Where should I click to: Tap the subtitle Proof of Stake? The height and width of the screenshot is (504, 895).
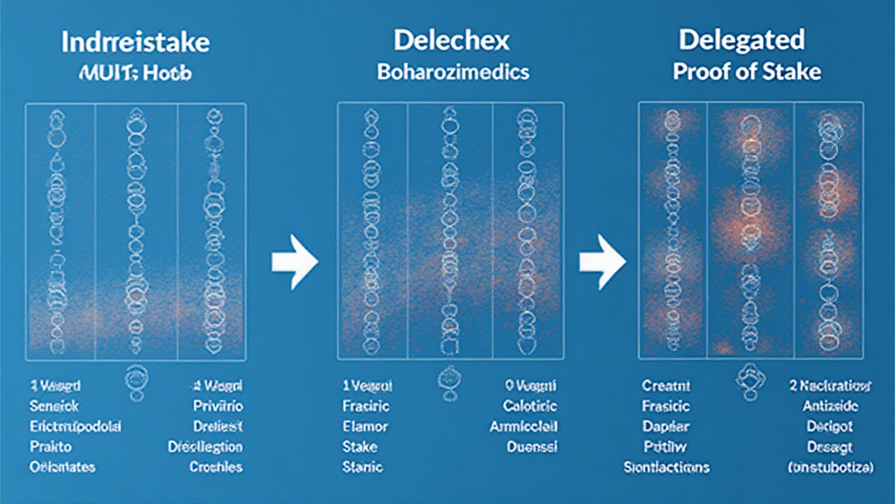(x=746, y=72)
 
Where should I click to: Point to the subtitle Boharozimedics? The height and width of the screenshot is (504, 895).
(x=453, y=72)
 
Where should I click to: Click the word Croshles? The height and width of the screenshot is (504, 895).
(x=216, y=466)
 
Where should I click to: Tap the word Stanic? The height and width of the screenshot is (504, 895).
(x=364, y=466)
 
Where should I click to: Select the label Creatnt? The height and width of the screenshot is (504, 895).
(x=666, y=386)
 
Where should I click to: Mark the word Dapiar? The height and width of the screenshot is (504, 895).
(x=666, y=426)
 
